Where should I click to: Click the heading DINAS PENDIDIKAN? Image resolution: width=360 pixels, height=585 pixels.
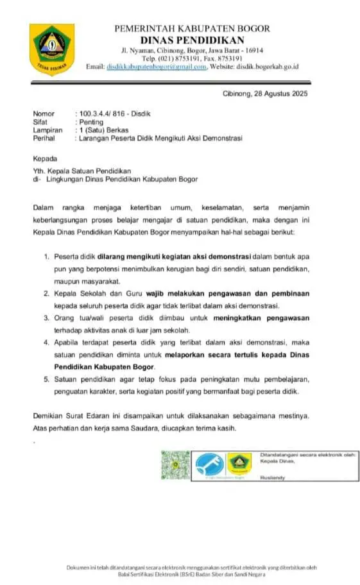[x=193, y=39]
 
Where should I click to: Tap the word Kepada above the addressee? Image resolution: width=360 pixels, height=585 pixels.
[x=46, y=158]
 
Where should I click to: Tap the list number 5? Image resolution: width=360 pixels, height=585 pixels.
[x=46, y=379]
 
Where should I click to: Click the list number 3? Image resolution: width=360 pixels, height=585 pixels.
[x=46, y=318]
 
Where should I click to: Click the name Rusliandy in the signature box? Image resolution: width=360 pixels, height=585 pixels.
[x=273, y=479]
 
